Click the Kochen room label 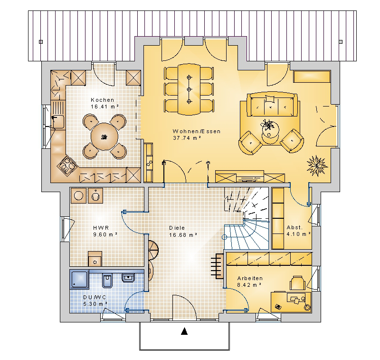(x=102, y=100)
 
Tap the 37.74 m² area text (x=187, y=138)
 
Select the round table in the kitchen (x=104, y=136)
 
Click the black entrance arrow (x=184, y=331)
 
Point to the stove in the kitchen (x=66, y=165)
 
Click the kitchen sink (x=58, y=121)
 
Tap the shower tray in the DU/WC (x=79, y=279)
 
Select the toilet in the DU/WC (x=107, y=280)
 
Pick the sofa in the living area (x=272, y=104)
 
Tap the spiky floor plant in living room (x=317, y=165)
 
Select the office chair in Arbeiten (x=297, y=282)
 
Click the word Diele (x=177, y=228)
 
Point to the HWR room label (x=101, y=228)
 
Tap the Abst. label (x=294, y=227)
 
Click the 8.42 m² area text (x=249, y=285)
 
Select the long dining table (x=189, y=89)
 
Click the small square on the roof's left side (x=41, y=42)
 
